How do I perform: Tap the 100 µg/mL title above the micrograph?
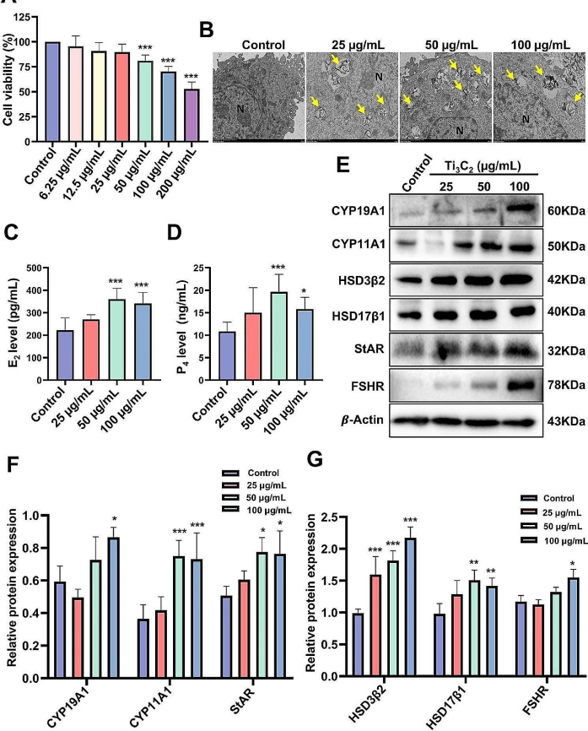tap(539, 44)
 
